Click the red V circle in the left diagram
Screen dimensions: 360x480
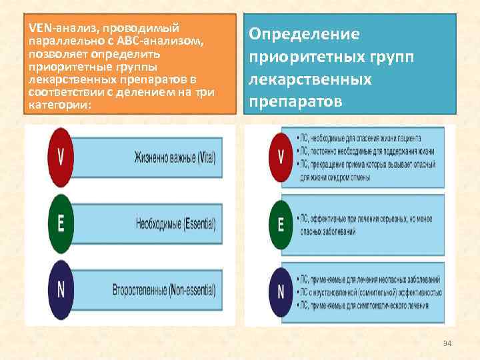pos(61,157)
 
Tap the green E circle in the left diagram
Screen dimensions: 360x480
pos(61,223)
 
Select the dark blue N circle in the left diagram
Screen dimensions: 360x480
pos(61,289)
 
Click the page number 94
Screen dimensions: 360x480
pos(447,343)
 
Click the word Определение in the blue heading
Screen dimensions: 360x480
pos(304,34)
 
